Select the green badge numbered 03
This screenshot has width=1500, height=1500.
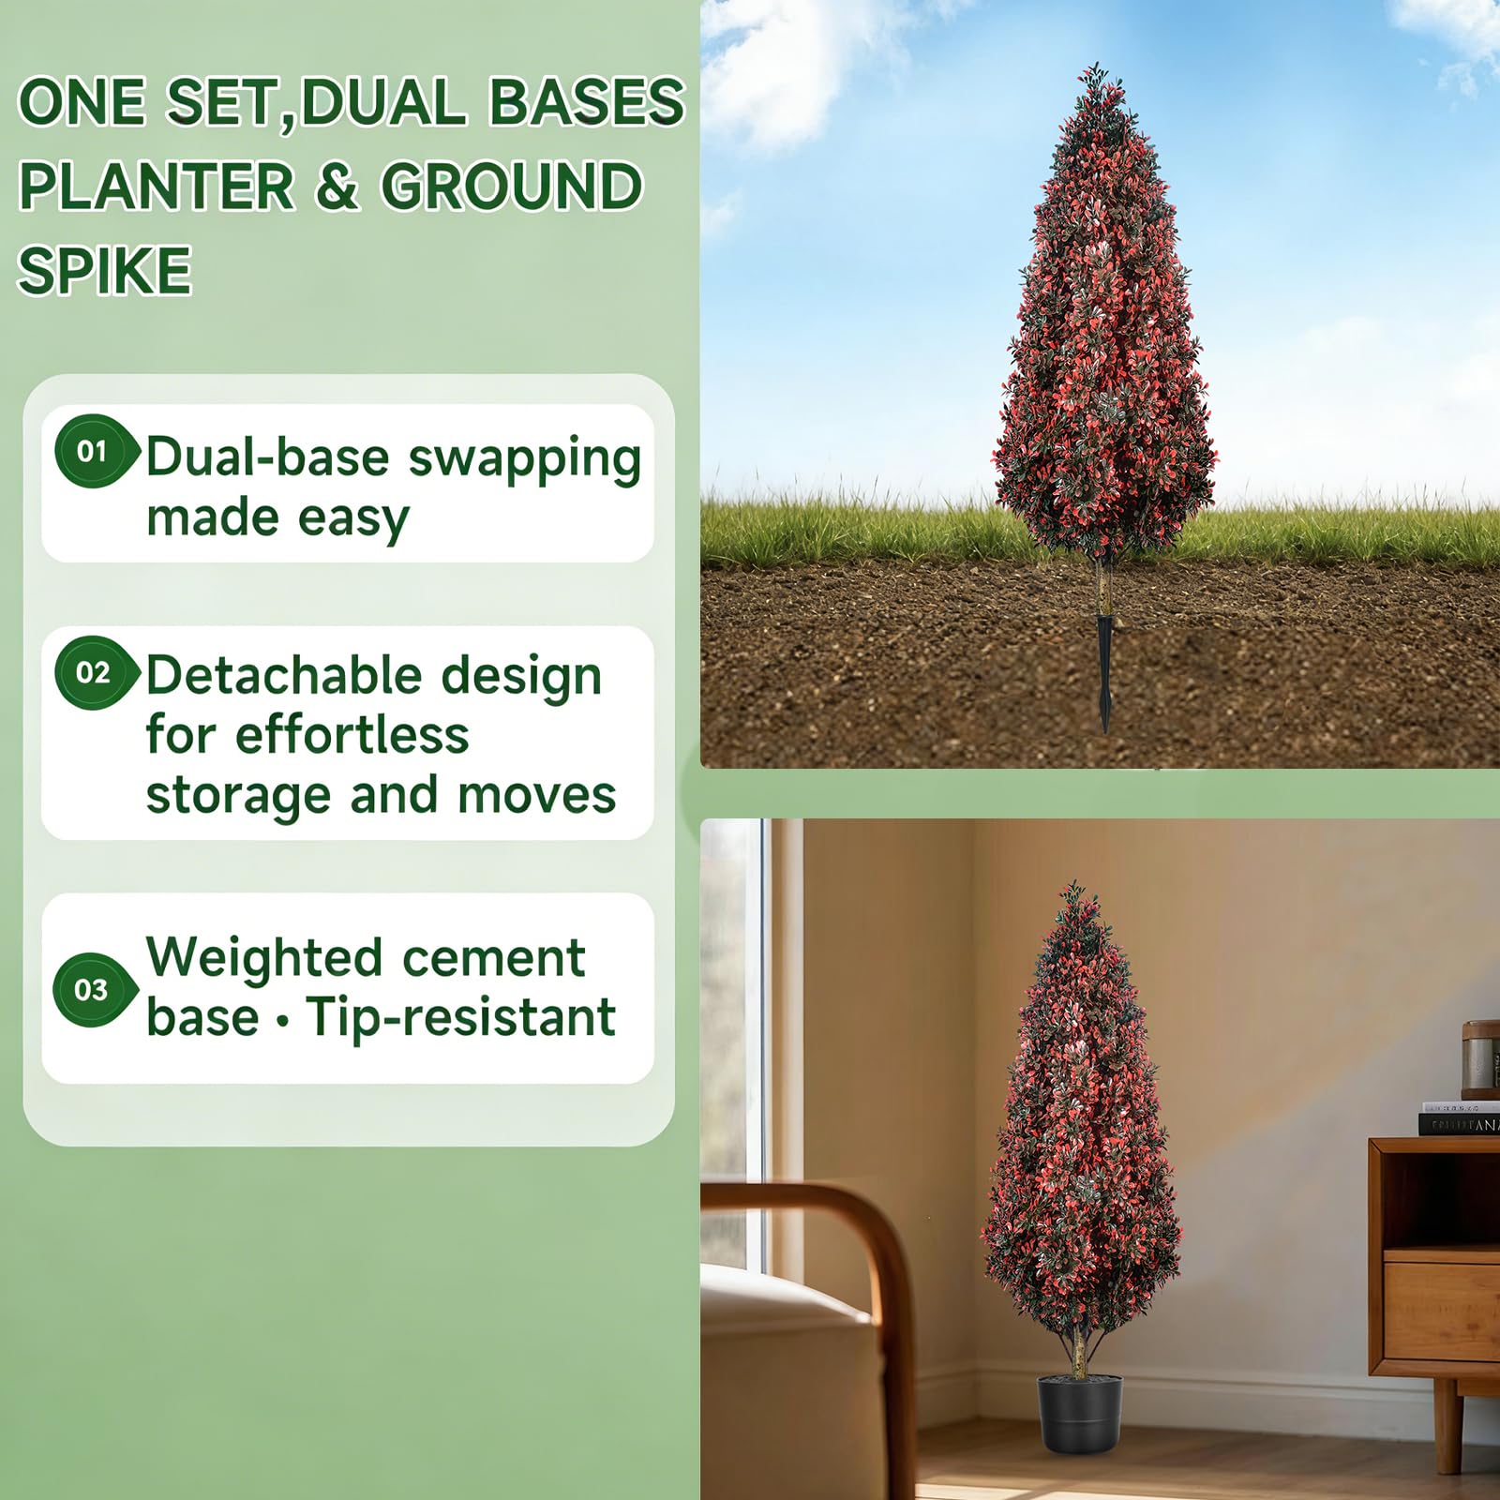point(94,990)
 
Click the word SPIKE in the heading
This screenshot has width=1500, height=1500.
point(105,270)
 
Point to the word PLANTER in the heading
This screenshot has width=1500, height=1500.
point(157,186)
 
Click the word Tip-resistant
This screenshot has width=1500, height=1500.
point(460,1017)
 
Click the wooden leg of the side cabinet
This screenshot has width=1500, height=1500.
point(1447,1425)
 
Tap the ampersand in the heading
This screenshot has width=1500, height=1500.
point(337,186)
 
